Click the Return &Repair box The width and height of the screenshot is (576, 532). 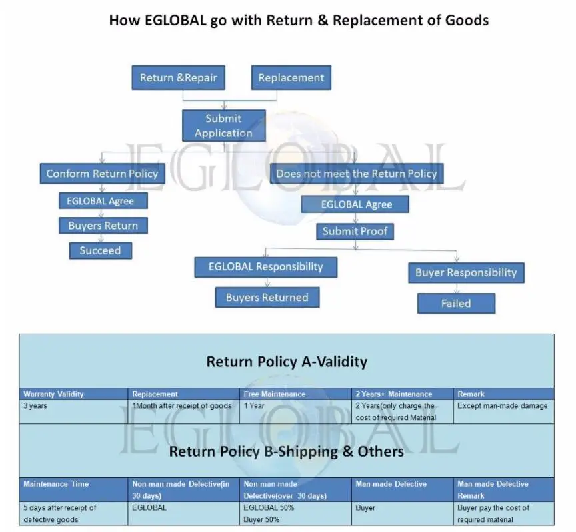[x=178, y=78]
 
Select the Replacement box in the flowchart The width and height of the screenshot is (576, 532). [x=291, y=78]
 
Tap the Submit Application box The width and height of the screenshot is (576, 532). [x=223, y=126]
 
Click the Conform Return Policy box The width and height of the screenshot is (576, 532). [x=102, y=174]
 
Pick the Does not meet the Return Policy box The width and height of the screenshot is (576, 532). [x=357, y=174]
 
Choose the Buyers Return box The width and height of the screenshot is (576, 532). [x=103, y=226]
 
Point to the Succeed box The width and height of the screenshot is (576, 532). [x=101, y=251]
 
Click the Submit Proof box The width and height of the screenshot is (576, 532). [x=355, y=232]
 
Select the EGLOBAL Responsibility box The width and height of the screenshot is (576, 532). [x=265, y=267]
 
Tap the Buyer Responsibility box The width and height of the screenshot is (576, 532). [x=466, y=272]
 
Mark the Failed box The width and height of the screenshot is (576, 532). [x=456, y=304]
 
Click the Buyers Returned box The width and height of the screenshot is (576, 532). [x=267, y=298]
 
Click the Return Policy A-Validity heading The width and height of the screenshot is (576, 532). [x=287, y=362]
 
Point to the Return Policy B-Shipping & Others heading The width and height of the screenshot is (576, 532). [x=287, y=451]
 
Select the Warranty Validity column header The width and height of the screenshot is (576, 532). [x=54, y=394]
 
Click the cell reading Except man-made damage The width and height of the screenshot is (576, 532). [x=502, y=406]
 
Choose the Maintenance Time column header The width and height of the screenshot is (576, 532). [x=56, y=484]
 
